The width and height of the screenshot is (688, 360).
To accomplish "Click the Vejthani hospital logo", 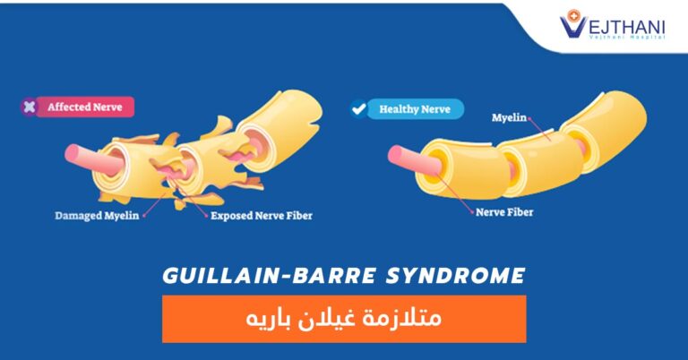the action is coord(613,24).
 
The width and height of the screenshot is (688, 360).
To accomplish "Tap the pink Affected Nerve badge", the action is coord(85,107).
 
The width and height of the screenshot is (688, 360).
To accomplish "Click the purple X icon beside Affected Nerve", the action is coord(30,107).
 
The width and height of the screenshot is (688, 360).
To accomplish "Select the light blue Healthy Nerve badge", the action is coord(415,109).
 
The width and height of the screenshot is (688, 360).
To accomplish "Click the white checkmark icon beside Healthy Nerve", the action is coord(358,108).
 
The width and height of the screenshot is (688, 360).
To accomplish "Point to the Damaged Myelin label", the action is coord(97,216).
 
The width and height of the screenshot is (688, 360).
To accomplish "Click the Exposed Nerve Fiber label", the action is coord(262,216).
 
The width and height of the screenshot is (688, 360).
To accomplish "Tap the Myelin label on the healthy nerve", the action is coord(509,117).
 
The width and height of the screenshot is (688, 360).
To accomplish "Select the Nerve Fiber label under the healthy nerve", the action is coord(504,212).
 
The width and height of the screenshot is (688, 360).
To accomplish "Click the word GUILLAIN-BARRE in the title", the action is coord(270,276).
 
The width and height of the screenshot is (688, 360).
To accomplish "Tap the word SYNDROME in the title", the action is coord(455,276).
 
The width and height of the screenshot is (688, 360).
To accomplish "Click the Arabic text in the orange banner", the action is coord(344,318).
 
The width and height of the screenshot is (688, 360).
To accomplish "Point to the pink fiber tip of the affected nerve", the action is coord(73,154).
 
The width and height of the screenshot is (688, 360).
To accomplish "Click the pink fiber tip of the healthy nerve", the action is coord(396,156).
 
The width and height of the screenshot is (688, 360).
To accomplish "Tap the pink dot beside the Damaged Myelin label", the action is coord(144,216).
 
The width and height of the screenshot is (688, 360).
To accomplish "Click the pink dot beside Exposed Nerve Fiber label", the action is coord(207,216).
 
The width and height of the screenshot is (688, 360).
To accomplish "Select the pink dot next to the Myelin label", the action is coord(529,118).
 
